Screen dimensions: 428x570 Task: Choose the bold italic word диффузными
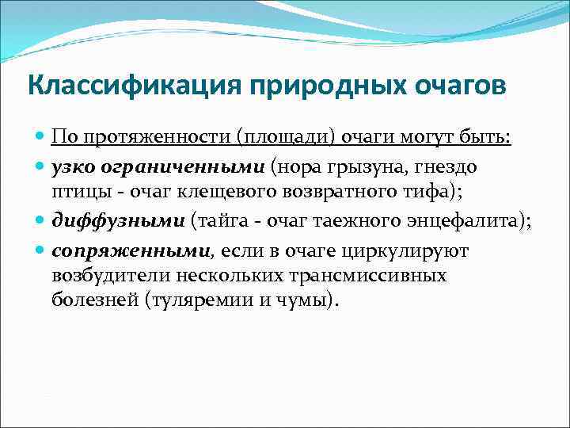tap(118, 221)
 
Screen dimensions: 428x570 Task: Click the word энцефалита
tap(473, 221)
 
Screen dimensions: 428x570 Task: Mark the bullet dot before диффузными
tap(41, 222)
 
